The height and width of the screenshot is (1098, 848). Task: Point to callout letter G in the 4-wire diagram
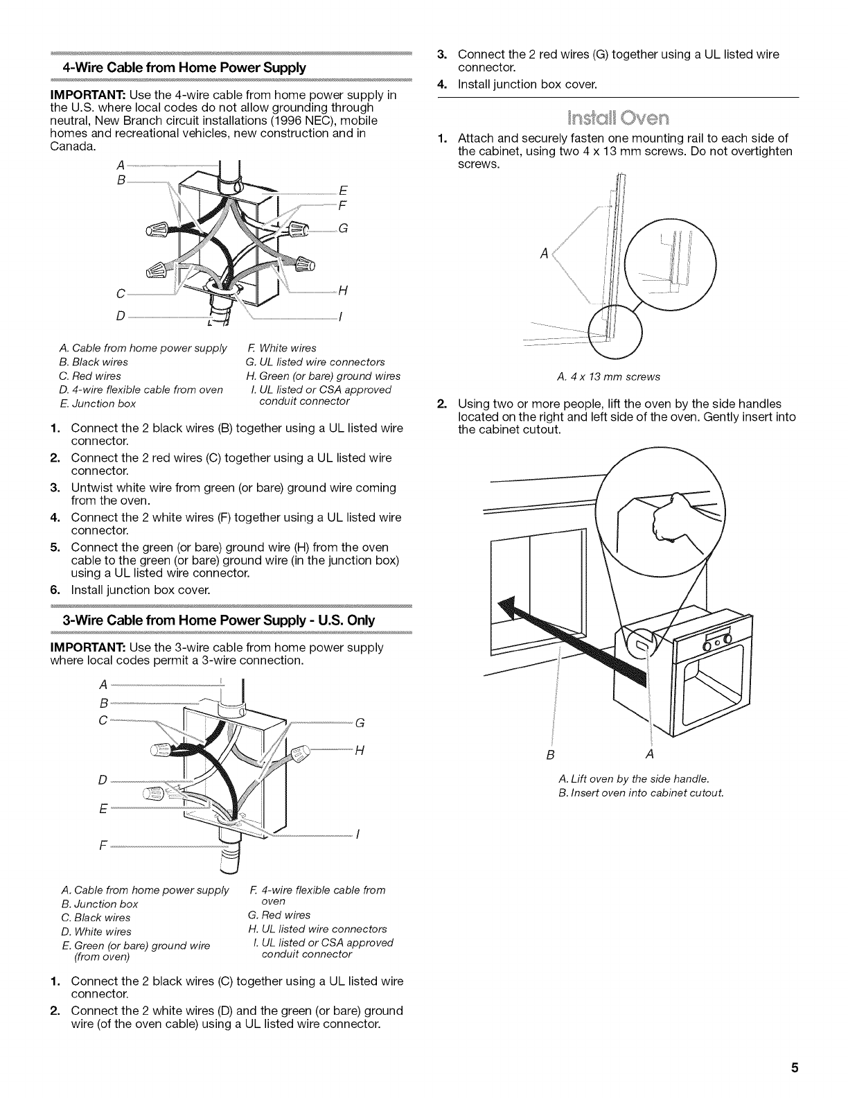click(x=343, y=230)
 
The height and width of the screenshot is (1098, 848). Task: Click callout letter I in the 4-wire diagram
click(x=339, y=318)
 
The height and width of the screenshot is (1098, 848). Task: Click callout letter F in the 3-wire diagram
click(x=103, y=846)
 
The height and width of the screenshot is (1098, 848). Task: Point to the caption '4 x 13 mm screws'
click(x=608, y=377)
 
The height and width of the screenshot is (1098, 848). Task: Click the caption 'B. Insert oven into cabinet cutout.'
click(x=641, y=793)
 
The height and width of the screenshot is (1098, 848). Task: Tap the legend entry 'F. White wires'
click(x=281, y=348)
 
